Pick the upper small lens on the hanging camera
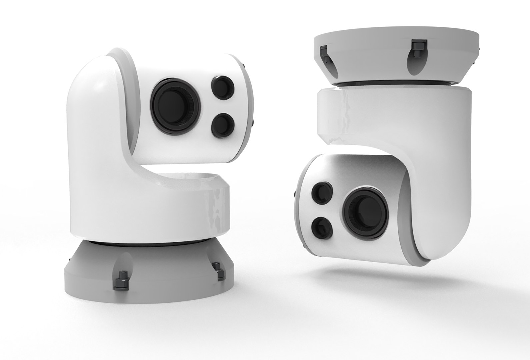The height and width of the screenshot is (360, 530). [x=321, y=193]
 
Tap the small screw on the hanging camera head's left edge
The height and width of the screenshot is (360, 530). [x=295, y=194]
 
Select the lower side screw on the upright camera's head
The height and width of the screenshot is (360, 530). [x=254, y=123]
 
